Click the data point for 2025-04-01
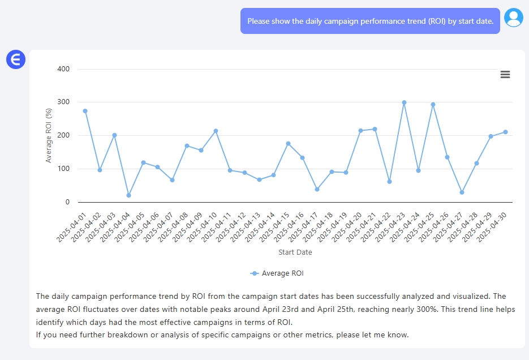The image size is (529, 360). [x=85, y=111]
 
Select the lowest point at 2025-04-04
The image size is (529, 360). [x=128, y=195]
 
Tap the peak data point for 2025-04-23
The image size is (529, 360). [x=404, y=102]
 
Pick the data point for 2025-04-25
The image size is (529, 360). [x=433, y=104]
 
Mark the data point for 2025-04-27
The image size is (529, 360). [x=462, y=192]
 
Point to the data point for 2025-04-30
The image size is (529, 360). [x=505, y=132]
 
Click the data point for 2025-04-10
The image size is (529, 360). [x=216, y=131]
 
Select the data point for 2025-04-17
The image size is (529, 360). [x=317, y=189]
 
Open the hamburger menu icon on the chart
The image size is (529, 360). [x=505, y=75]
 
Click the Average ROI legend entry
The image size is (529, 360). [x=277, y=273]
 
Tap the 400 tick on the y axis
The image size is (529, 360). [x=63, y=69]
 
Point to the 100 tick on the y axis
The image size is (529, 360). [x=63, y=169]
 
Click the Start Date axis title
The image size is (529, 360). [x=295, y=252]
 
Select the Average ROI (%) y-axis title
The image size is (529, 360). [x=49, y=136]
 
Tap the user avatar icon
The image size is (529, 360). [x=514, y=18]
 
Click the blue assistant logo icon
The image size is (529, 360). [x=16, y=59]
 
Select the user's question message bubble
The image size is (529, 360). [x=370, y=21]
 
